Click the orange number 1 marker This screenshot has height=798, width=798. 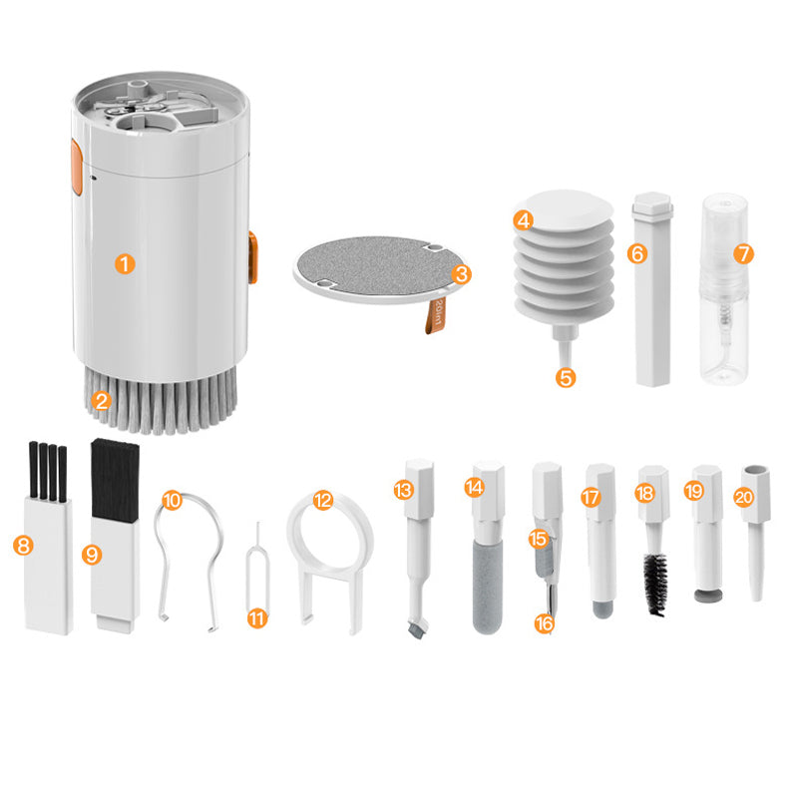click(x=125, y=263)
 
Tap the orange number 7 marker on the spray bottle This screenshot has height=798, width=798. click(x=742, y=253)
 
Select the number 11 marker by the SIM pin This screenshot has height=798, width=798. click(x=257, y=618)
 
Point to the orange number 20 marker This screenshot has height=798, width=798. click(x=742, y=496)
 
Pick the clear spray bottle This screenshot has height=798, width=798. click(x=725, y=299)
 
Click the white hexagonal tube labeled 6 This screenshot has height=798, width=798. click(x=653, y=299)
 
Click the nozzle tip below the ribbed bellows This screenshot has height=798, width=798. click(x=566, y=354)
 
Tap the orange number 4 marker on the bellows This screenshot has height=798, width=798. click(x=524, y=219)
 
